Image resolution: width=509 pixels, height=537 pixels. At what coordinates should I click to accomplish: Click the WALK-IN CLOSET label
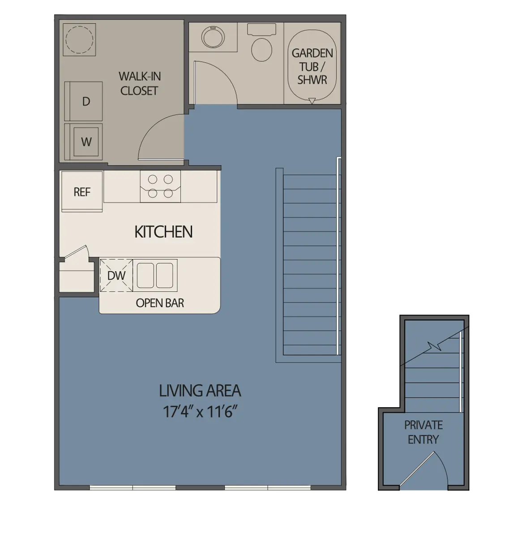(139, 84)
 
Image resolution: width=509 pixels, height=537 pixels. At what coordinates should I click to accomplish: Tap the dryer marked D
(85, 101)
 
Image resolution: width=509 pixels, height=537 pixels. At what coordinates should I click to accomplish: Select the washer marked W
(86, 142)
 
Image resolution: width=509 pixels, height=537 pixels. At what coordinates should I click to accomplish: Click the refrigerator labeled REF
(82, 192)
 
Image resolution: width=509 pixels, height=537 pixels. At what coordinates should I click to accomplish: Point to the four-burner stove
(160, 186)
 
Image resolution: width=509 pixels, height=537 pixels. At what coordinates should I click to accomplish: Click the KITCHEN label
(163, 232)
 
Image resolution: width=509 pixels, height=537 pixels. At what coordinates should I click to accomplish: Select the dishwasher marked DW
(116, 276)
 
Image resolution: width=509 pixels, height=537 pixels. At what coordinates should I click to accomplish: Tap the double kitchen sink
(155, 275)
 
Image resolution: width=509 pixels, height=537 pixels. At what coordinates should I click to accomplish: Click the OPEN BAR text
(160, 303)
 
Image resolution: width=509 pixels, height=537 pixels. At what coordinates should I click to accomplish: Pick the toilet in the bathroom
(261, 45)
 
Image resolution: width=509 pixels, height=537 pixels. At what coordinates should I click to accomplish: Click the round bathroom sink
(213, 38)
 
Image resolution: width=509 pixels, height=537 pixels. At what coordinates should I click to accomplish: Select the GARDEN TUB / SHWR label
(312, 67)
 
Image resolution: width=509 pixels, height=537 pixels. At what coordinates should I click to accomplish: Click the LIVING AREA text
(200, 391)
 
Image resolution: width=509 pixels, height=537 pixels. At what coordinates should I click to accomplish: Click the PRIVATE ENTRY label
(423, 432)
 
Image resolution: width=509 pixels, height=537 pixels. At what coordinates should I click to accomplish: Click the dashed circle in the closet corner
(79, 39)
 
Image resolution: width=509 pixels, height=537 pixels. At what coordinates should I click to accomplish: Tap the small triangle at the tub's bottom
(312, 101)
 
